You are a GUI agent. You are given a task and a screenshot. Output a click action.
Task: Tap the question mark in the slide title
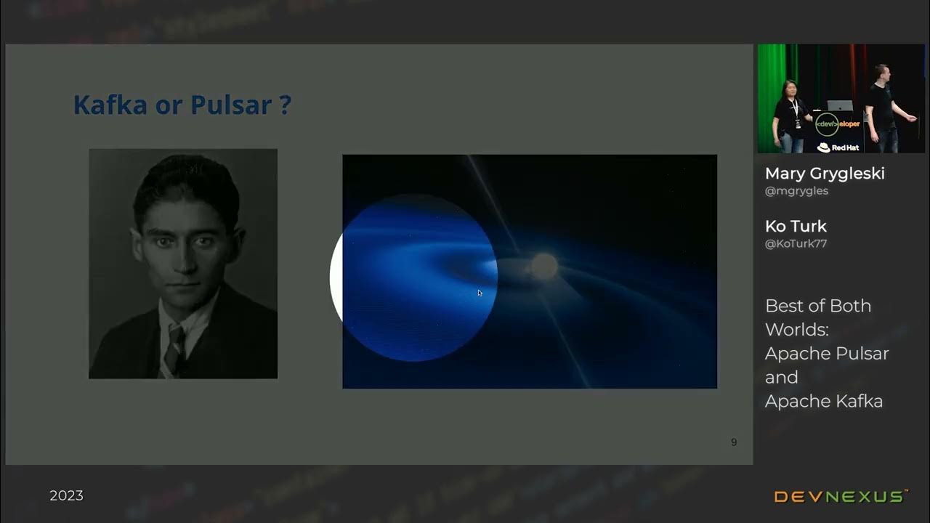[x=284, y=105]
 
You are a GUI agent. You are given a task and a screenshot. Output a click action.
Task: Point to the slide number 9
[x=734, y=442]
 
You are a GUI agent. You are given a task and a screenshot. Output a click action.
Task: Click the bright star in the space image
[x=543, y=265]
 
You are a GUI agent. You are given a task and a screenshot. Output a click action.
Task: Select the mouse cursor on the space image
[x=480, y=293]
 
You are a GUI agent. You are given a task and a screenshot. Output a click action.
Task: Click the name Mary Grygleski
[x=825, y=174]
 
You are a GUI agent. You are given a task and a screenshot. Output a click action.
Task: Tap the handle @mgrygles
[x=796, y=191]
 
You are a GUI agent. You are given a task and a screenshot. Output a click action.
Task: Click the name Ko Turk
[x=796, y=226]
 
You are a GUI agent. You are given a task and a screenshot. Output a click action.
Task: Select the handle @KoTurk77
[x=796, y=244]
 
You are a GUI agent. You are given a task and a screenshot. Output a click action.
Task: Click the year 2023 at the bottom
[x=66, y=495]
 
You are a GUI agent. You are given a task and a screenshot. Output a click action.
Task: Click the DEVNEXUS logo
[x=841, y=497]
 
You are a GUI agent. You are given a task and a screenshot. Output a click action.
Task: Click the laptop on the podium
[x=840, y=105]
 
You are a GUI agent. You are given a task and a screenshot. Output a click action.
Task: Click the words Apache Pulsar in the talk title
[x=827, y=354]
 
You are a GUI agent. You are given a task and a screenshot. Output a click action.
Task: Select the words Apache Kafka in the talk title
[x=823, y=401]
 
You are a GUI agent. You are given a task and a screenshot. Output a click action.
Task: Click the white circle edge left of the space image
[x=335, y=277]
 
